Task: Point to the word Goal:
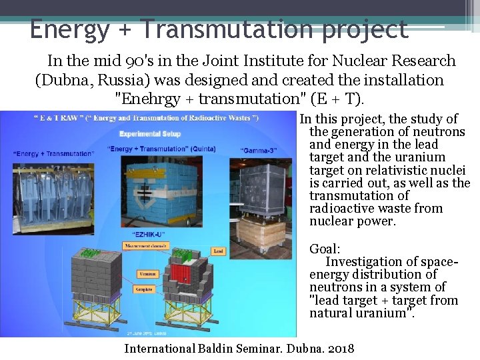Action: (325, 249)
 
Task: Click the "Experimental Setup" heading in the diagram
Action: (150, 133)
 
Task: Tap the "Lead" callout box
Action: (218, 251)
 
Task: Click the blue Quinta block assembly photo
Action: (167, 190)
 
